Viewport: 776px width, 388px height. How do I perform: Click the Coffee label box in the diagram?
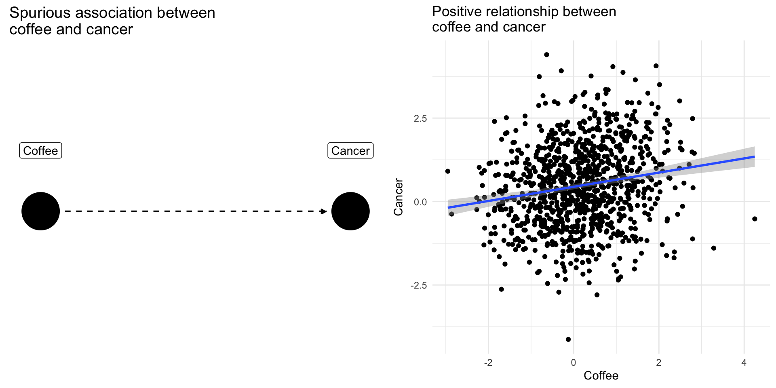40,151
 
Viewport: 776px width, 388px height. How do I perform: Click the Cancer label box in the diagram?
350,151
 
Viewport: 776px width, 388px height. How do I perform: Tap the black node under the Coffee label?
40,211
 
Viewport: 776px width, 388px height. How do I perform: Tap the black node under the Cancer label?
350,211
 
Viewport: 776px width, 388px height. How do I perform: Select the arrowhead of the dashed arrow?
324,211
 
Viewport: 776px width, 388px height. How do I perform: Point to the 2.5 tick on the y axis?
420,118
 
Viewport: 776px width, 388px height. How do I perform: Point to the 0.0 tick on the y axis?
420,202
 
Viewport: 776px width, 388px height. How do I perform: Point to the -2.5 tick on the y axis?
419,285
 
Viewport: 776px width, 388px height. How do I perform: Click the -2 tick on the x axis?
488,363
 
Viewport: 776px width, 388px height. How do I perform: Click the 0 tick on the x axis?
574,363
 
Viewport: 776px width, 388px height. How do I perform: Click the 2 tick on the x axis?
659,363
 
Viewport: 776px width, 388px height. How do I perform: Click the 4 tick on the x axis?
744,363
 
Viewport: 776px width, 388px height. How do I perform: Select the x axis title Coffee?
601,375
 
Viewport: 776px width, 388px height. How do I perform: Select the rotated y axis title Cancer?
399,197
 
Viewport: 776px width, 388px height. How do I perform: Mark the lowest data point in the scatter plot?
568,339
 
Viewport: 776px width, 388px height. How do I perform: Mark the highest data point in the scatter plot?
547,55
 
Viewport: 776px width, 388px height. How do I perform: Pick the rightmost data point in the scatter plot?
755,219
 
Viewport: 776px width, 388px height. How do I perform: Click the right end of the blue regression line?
754,156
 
